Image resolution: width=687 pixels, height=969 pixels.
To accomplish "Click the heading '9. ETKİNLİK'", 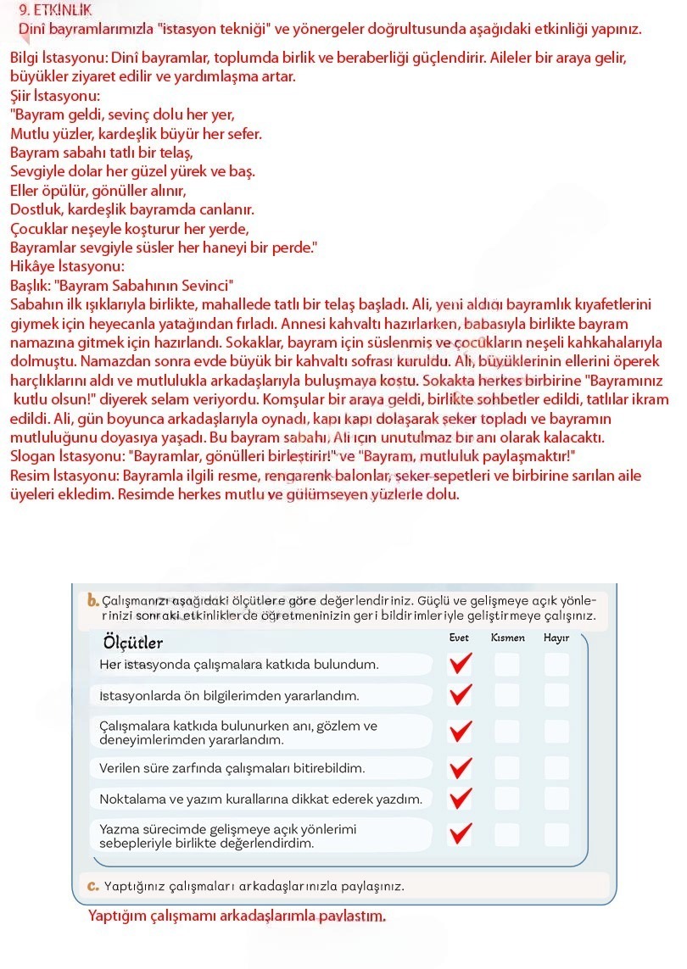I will coord(54,10).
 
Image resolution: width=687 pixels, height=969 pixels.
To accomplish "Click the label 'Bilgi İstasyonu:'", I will coord(57,59).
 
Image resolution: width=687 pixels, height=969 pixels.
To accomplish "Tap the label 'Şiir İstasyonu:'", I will coord(54,97).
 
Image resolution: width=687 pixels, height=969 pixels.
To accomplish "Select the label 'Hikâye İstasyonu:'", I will coord(67,266).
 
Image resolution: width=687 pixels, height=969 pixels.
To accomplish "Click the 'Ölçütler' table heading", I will coord(133,643).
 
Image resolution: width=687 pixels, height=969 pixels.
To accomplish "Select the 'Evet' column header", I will coord(459,638).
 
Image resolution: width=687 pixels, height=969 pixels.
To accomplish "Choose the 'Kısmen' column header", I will coord(507,638).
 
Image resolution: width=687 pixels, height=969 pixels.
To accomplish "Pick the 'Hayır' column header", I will coord(556,638).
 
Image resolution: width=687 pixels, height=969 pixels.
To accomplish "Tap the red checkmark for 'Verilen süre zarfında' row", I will coord(460,768).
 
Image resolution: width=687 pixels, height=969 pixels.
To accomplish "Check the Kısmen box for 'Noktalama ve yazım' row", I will coord(507,799).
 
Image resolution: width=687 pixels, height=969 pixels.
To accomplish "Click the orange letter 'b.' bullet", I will coord(93,600).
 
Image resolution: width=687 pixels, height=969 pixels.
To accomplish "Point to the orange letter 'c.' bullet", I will coord(93,886).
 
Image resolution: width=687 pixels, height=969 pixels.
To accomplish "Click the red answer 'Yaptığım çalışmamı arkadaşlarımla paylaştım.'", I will coord(237,916).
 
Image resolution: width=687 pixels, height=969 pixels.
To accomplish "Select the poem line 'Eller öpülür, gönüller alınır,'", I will coord(98,191).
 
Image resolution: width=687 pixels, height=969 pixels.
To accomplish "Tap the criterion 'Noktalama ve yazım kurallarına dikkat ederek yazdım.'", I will coord(260,799).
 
